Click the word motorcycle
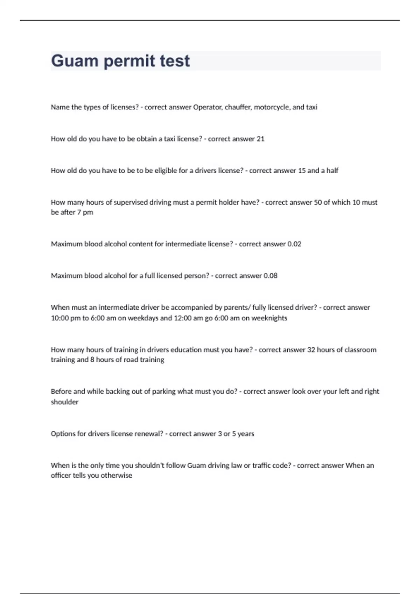[x=272, y=107]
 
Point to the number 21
[x=260, y=139]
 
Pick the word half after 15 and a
[x=332, y=171]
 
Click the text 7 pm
[x=85, y=212]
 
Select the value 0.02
[x=294, y=244]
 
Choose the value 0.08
[x=270, y=276]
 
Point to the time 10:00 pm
[x=66, y=318]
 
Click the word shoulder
[x=64, y=402]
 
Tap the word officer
[x=61, y=476]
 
